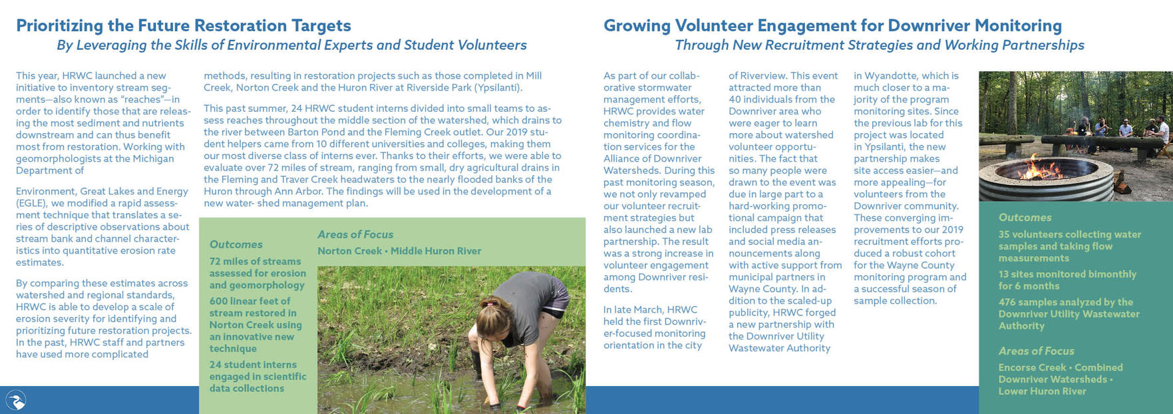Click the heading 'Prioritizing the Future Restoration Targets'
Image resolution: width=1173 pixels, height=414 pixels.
click(x=183, y=25)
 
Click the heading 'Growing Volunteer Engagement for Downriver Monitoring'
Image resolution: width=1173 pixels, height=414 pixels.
click(x=832, y=25)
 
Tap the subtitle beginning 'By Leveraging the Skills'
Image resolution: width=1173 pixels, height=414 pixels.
click(x=291, y=45)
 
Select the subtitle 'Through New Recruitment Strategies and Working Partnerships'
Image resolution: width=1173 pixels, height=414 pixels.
click(x=879, y=45)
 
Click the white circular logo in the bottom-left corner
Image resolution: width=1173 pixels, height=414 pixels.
click(x=15, y=400)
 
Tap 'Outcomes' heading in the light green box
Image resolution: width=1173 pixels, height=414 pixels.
click(x=236, y=244)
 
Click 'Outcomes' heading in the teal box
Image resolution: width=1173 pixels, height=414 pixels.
click(x=1025, y=218)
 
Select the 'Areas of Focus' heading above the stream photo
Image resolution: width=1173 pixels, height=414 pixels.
click(x=355, y=234)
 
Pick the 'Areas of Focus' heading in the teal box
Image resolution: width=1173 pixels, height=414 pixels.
click(x=1036, y=351)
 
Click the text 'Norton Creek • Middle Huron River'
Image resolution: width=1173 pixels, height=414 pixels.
click(x=399, y=251)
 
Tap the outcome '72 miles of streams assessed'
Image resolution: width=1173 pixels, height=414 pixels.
click(x=257, y=273)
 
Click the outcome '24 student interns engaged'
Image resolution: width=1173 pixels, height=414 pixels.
click(x=257, y=376)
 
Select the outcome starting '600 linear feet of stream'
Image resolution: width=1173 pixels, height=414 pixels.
click(x=255, y=325)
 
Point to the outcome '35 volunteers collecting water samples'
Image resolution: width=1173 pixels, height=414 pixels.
click(x=1069, y=246)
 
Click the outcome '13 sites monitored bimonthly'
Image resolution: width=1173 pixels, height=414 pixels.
click(x=1067, y=280)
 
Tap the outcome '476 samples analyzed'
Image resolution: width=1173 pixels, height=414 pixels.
click(x=1069, y=313)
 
